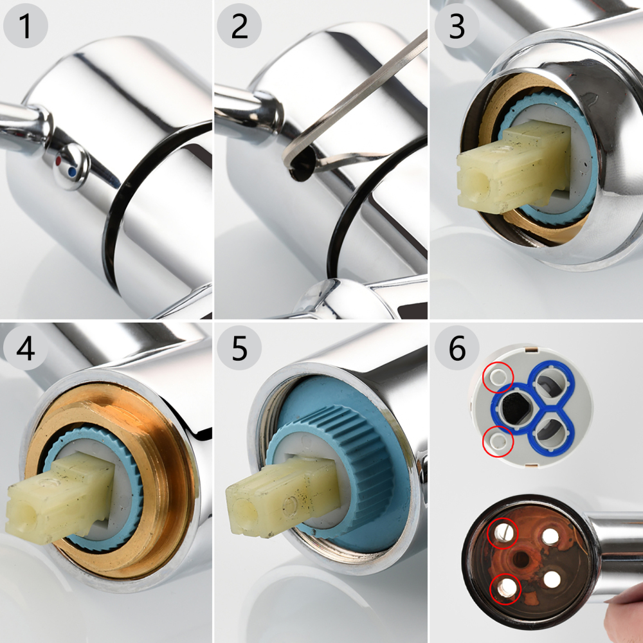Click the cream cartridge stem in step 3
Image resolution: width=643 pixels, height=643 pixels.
click(508, 164)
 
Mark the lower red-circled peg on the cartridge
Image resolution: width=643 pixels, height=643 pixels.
click(498, 440)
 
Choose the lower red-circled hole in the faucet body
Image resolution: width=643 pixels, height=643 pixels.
click(505, 586)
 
